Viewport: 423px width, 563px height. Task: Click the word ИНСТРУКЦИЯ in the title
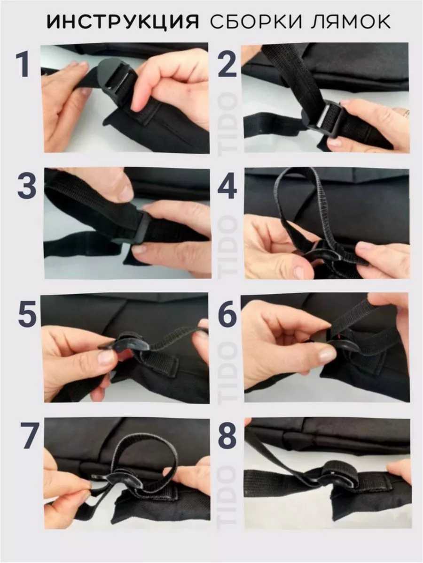pyautogui.click(x=123, y=22)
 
